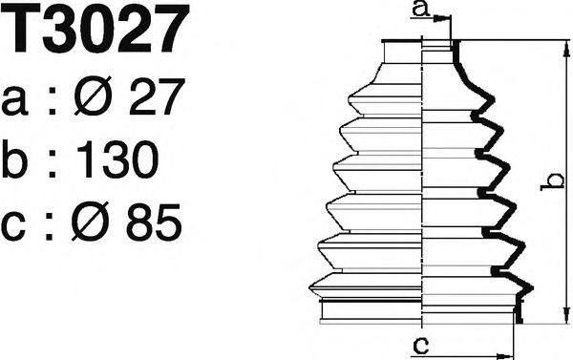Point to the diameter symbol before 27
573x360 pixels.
point(93,98)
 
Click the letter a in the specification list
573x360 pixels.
point(19,100)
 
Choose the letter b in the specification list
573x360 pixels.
point(20,161)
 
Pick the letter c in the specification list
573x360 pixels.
point(18,227)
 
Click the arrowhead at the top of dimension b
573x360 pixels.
point(564,46)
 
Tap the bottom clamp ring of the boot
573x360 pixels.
point(420,311)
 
